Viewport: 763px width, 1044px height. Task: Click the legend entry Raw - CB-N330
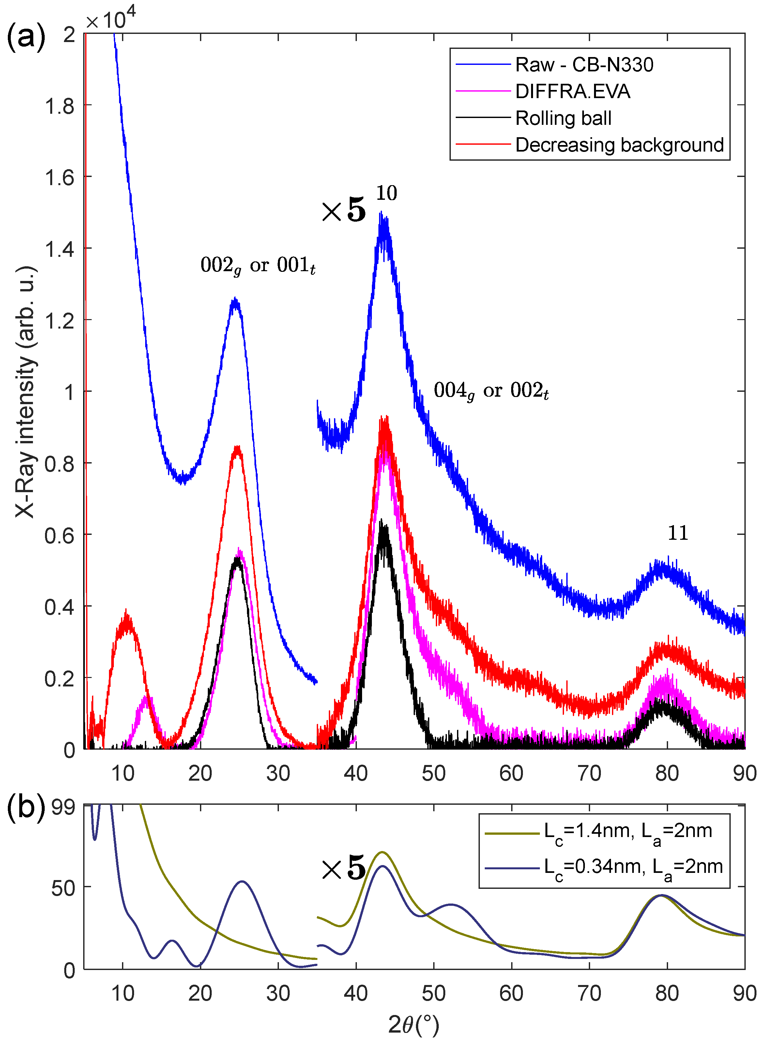point(554,65)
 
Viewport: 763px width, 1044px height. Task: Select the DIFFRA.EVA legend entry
point(543,91)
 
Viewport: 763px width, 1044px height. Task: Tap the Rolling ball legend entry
point(533,118)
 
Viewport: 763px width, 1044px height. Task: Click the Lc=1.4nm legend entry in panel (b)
point(599,831)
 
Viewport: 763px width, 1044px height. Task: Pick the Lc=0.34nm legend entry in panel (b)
point(604,867)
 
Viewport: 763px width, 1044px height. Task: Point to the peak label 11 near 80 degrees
point(678,533)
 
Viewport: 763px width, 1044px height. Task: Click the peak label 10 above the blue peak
point(387,193)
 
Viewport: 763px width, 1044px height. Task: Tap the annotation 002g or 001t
point(258,266)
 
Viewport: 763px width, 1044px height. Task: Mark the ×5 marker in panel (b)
point(343,868)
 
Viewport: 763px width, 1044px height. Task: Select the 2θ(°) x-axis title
point(413,1025)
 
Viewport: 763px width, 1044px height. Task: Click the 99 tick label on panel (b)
point(63,807)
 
